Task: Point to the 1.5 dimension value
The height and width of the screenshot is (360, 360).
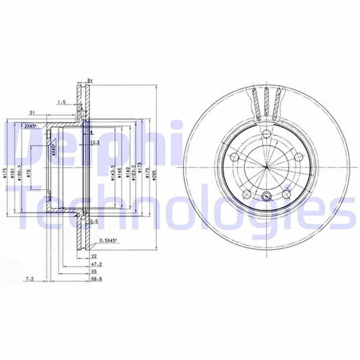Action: click(61, 102)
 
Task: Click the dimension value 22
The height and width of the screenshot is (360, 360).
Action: click(95, 256)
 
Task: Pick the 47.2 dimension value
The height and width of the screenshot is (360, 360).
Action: click(96, 263)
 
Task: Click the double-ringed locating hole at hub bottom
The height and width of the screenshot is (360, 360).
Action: click(266, 198)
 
